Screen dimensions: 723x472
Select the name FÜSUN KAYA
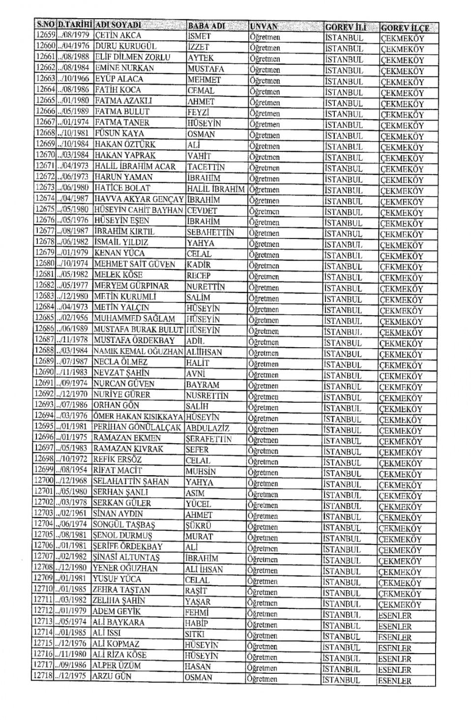[119, 133]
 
